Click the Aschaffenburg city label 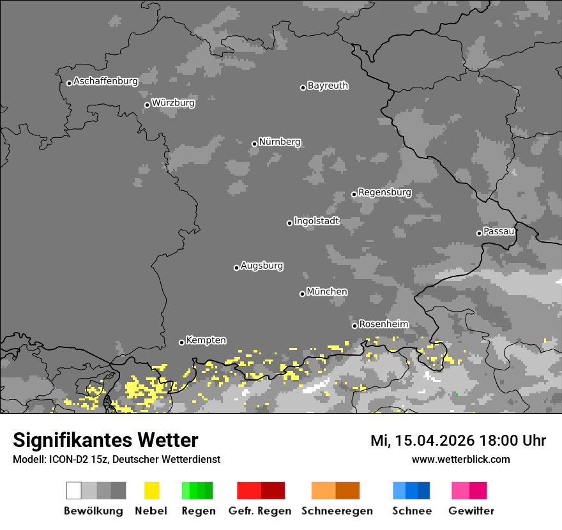point(105,82)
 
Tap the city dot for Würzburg point(147,105)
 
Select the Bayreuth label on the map point(328,86)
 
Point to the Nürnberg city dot point(254,144)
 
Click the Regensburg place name point(384,192)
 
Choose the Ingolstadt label point(316,222)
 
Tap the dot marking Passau point(479,233)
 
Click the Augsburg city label point(262,266)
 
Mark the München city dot point(302,294)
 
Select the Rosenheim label point(383,324)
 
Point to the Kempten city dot point(181,342)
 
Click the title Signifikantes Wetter point(105,441)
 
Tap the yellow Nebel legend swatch point(151,490)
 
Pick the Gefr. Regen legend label point(261,511)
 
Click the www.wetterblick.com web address point(460,459)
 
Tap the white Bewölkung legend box point(74,490)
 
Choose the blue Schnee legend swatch point(411,490)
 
